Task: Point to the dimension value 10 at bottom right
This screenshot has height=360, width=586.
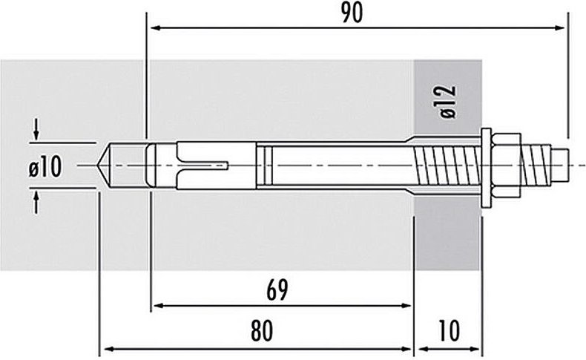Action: [x=450, y=331]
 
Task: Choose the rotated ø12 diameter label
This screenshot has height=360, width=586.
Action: [x=446, y=102]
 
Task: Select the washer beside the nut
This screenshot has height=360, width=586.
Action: [x=487, y=166]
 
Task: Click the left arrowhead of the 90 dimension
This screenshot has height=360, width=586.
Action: [x=154, y=28]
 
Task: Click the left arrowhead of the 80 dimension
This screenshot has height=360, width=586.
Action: [x=105, y=347]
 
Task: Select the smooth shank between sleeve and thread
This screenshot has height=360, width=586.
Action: [x=334, y=165]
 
